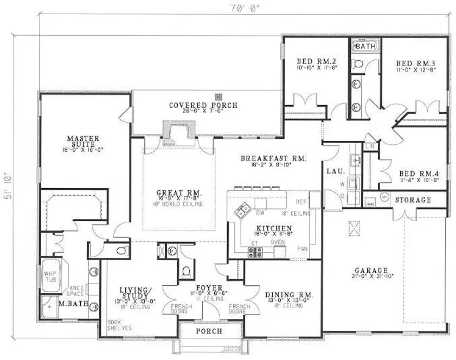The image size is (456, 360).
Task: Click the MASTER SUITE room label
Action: [83, 138]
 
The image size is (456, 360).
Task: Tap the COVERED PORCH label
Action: [203, 105]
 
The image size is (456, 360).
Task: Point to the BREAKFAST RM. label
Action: [274, 159]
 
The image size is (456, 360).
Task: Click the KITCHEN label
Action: [275, 228]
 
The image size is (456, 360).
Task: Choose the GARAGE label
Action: [371, 270]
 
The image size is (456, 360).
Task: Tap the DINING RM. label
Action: [290, 295]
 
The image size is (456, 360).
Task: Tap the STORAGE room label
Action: [413, 200]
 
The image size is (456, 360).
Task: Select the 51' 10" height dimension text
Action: [8, 187]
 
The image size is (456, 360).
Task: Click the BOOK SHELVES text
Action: [115, 324]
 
